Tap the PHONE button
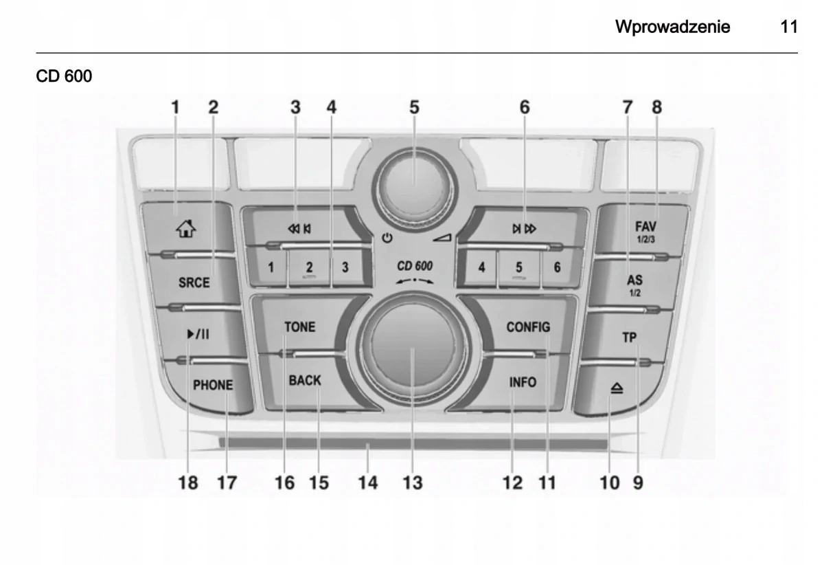coord(212,386)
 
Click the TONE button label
coord(300,327)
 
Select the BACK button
coord(305,380)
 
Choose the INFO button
coord(523,382)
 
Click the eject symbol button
coord(616,388)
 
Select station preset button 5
coord(519,267)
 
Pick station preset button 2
coord(310,267)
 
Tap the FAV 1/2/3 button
coord(645,228)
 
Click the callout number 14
coord(368,483)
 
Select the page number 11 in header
coord(789,27)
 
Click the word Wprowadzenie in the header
coord(672,27)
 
